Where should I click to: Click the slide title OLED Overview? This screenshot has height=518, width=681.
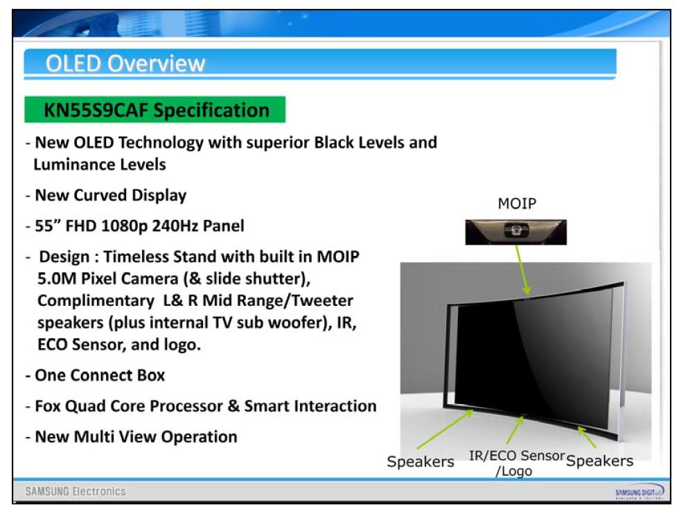pos(125,63)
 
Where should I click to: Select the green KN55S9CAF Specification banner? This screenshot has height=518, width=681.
pos(154,110)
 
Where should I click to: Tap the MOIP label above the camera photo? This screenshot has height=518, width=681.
pos(517,203)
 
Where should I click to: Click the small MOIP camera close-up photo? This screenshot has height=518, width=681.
pos(516,232)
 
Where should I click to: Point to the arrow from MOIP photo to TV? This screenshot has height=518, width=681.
pos(522,270)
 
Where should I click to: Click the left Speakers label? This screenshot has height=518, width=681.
pos(421,462)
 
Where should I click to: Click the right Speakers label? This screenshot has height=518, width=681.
pos(600,460)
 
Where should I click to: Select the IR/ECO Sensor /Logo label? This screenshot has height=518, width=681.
pos(517,463)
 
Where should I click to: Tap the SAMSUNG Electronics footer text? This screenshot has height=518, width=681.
pos(76,492)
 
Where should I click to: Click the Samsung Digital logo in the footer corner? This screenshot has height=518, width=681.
pos(639,492)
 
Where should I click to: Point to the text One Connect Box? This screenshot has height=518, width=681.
pos(100,375)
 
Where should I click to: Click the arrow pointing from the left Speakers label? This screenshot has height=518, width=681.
pos(445,429)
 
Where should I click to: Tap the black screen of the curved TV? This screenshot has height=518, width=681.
pos(534,361)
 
